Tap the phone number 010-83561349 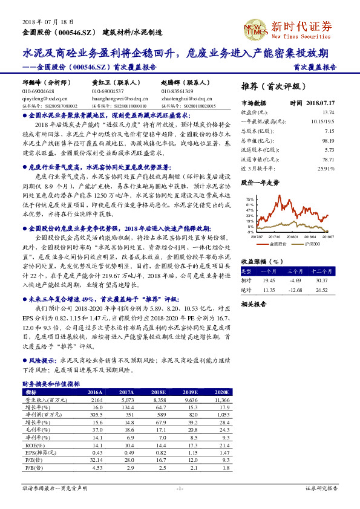point(179,91)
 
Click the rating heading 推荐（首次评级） point(274,85)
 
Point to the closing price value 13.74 point(329,112)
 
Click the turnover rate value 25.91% point(326,168)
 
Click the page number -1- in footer point(180,487)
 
